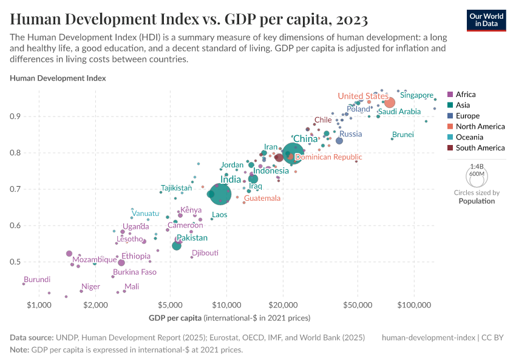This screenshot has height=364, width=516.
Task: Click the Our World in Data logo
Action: [x=486, y=19]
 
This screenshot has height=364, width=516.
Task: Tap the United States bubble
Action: [x=390, y=103]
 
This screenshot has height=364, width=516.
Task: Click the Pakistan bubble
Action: [x=177, y=246]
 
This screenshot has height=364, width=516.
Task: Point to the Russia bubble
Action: [x=339, y=141]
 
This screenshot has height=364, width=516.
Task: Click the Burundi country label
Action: [x=37, y=280]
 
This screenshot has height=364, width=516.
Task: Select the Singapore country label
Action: [x=416, y=95]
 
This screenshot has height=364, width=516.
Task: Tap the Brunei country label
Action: [x=403, y=134]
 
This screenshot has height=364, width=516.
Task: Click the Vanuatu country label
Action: [x=146, y=214]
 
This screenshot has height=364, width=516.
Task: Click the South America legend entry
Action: [x=480, y=148]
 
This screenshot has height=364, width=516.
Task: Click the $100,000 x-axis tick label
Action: [x=414, y=303]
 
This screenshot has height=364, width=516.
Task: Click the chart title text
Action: [x=189, y=19]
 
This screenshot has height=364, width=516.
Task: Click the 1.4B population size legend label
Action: [x=477, y=166]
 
